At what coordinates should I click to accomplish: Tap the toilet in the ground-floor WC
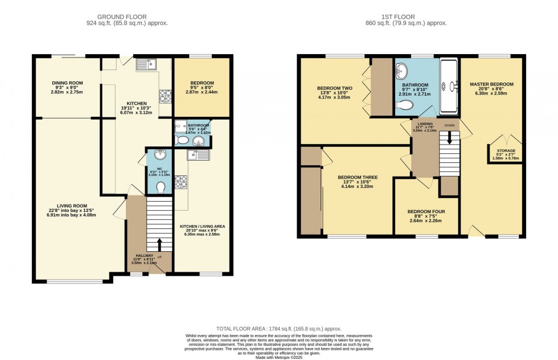click(x=161, y=186)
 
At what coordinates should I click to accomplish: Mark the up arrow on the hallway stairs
click(x=159, y=244)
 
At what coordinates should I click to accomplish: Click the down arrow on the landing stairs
click(x=449, y=138)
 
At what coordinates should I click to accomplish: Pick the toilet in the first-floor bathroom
click(x=405, y=105)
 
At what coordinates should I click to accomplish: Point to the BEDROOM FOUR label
click(x=426, y=212)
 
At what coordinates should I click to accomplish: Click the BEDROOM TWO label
click(x=335, y=88)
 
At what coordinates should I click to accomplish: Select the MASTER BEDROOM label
click(x=491, y=84)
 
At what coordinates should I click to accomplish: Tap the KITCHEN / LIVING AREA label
click(x=202, y=226)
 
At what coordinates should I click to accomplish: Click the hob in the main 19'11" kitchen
click(x=165, y=96)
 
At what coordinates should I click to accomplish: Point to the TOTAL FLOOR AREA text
click(x=278, y=329)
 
